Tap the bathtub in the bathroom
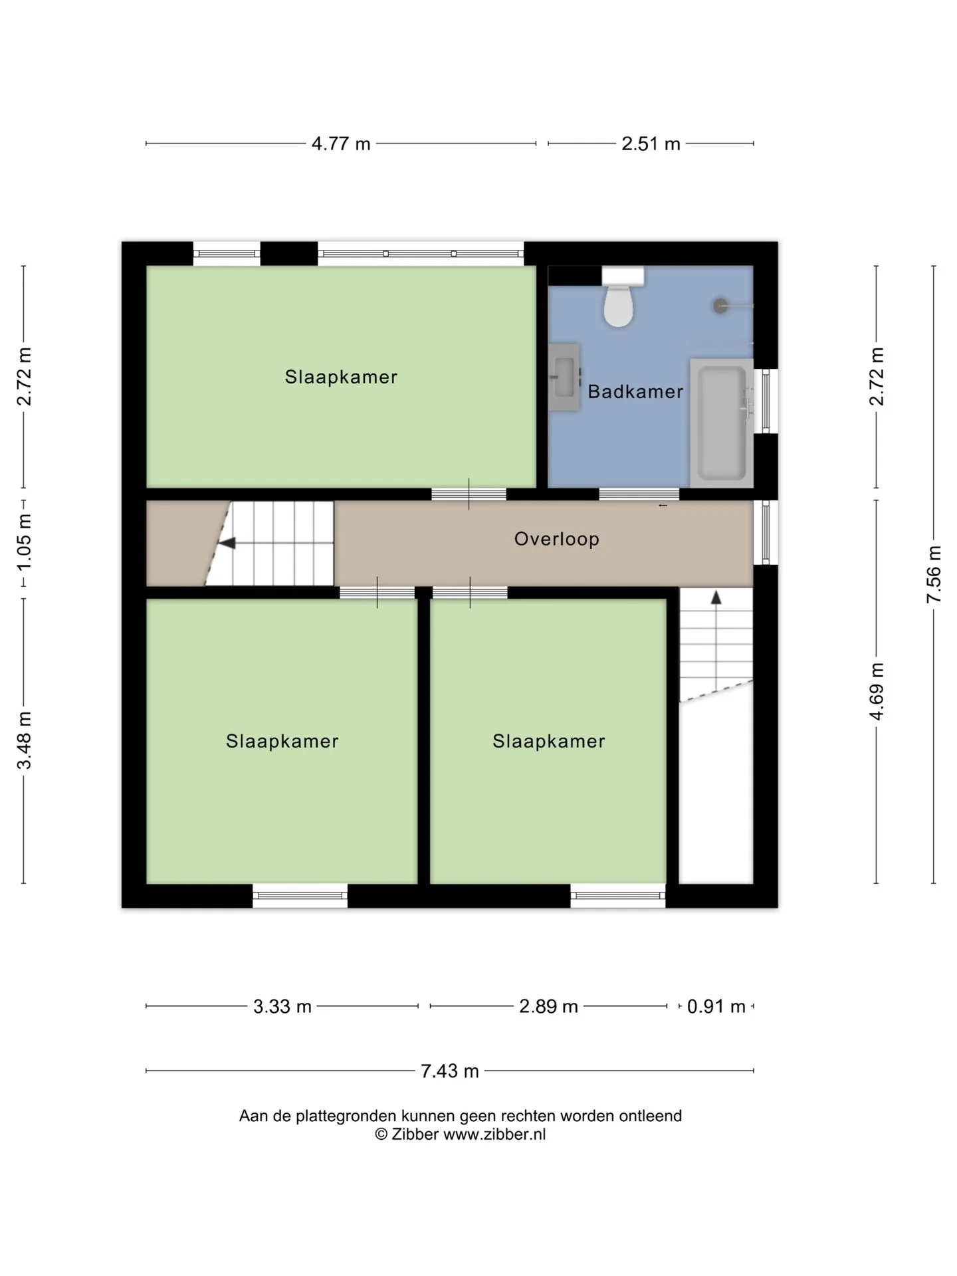[x=722, y=423]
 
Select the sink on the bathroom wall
[x=564, y=377]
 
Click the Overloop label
[x=557, y=538]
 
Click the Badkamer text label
[x=635, y=391]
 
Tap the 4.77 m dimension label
[x=341, y=144]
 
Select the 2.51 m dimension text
[x=651, y=144]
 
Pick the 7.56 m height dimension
[x=934, y=574]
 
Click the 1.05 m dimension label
[x=24, y=542]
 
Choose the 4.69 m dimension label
[x=877, y=691]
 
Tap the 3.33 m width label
[x=282, y=1006]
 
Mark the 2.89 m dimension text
[x=548, y=1006]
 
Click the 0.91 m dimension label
[x=716, y=1006]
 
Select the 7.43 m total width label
[x=450, y=1071]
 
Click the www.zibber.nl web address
[x=494, y=1134]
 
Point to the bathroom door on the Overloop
[x=639, y=494]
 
